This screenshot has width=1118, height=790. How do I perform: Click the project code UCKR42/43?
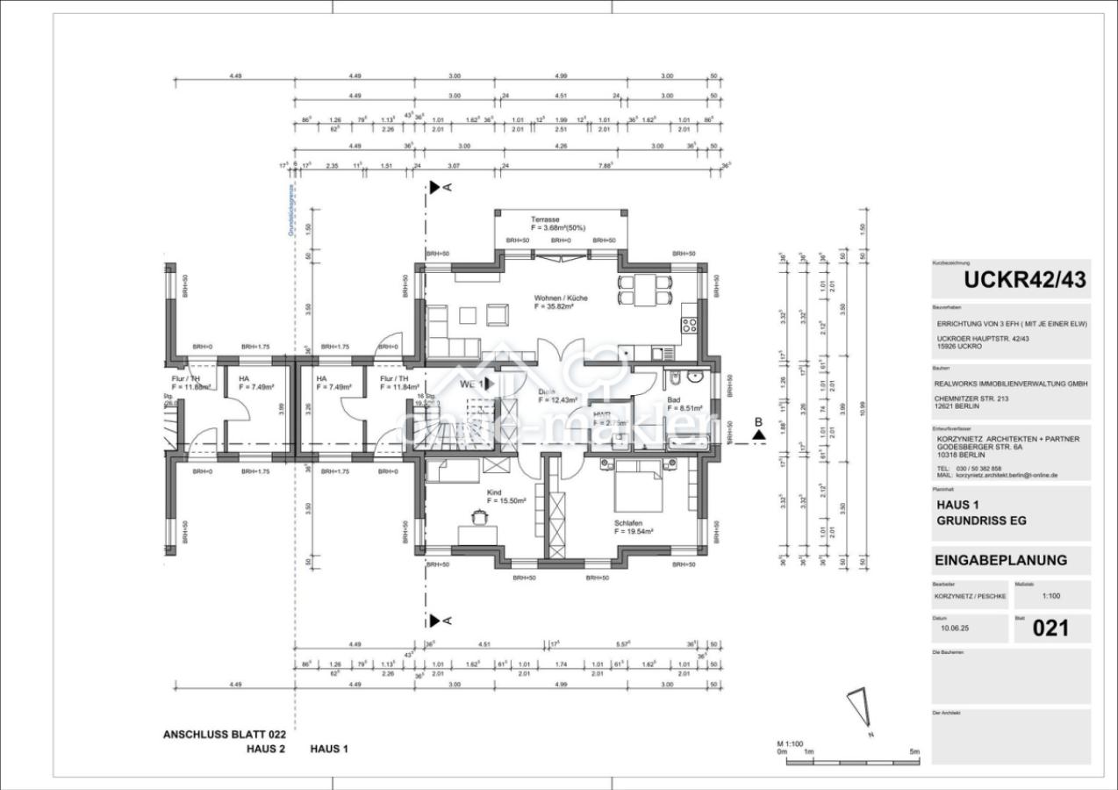click(1024, 280)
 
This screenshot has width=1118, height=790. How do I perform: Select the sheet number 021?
click(1050, 628)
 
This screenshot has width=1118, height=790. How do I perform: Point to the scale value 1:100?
click(1050, 596)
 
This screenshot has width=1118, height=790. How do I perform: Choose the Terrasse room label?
click(545, 219)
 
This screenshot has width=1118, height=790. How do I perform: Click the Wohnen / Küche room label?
click(561, 298)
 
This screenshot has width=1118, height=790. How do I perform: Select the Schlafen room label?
click(628, 522)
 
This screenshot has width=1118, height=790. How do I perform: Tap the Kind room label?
click(494, 493)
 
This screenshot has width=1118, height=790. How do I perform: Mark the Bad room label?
click(673, 399)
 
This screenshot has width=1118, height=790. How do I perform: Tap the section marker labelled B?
click(758, 427)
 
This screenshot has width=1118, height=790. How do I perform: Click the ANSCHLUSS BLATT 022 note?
click(224, 734)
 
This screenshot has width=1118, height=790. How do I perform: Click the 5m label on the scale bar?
click(914, 752)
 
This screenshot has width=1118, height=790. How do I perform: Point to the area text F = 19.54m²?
click(634, 531)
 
